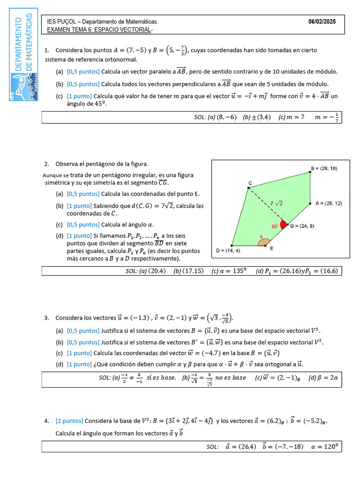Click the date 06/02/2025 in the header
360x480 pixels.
pos(322,22)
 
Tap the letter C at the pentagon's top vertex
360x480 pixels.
pos(250,183)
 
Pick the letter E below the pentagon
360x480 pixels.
pos(272,249)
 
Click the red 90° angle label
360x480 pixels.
pos(275,226)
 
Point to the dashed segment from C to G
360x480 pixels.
pos(265,204)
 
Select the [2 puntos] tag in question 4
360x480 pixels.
pos(69,421)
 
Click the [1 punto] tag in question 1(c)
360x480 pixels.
pos(79,96)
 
